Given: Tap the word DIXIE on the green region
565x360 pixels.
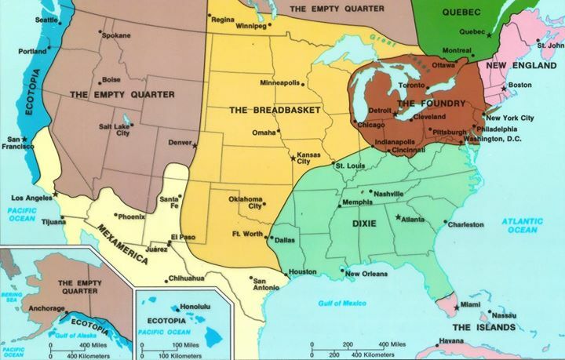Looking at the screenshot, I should tap(364, 224).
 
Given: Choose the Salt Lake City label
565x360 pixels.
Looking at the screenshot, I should tap(115, 129).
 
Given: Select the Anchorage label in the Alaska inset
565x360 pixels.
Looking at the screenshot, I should tap(47, 309).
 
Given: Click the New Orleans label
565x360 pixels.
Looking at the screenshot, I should tap(366, 274).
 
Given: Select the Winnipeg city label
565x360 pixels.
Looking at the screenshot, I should tap(252, 26).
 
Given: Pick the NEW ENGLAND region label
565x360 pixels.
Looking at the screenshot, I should tap(518, 65).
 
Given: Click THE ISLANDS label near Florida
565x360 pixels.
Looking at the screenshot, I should tap(484, 326).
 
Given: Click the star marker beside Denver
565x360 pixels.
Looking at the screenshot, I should tap(195, 146).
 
